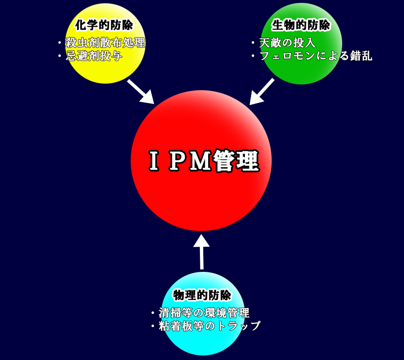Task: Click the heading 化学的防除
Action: (x=104, y=25)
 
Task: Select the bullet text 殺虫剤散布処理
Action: (x=105, y=42)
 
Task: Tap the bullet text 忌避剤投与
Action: (x=94, y=56)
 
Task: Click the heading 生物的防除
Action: (x=301, y=25)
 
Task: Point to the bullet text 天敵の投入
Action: (x=287, y=42)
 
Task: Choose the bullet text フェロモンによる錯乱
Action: (x=316, y=56)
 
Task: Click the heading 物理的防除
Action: (x=202, y=295)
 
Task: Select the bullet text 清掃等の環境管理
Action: (x=204, y=313)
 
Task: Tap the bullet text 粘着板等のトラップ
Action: (x=209, y=326)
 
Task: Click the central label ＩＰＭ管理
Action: (x=204, y=161)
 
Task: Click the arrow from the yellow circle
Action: (x=141, y=92)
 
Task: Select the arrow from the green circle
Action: (x=261, y=92)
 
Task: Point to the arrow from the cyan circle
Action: (x=202, y=252)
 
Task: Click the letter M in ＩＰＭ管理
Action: (x=200, y=161)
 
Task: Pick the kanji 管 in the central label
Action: (x=224, y=161)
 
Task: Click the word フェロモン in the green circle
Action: (x=288, y=56)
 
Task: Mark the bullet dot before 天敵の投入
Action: (x=253, y=43)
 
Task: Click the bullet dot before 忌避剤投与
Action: (x=59, y=56)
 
